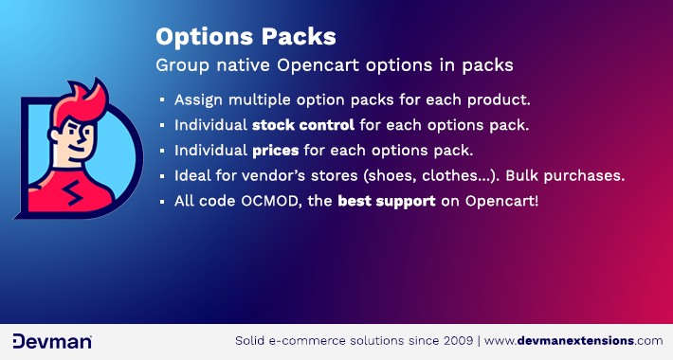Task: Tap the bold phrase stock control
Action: (302, 124)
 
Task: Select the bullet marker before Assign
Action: (162, 99)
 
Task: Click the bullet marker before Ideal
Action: (162, 176)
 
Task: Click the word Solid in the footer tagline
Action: (253, 340)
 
